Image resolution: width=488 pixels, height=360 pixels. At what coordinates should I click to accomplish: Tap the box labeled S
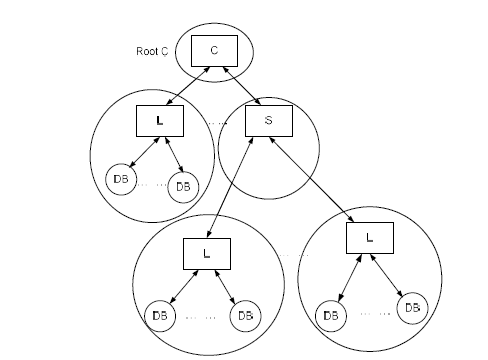click(x=267, y=121)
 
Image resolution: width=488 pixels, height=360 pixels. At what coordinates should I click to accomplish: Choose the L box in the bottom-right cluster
click(x=368, y=238)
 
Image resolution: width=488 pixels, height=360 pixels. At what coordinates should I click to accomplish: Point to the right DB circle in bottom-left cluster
click(x=243, y=315)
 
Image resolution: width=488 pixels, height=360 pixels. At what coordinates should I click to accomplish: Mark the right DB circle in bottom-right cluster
click(x=409, y=307)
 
